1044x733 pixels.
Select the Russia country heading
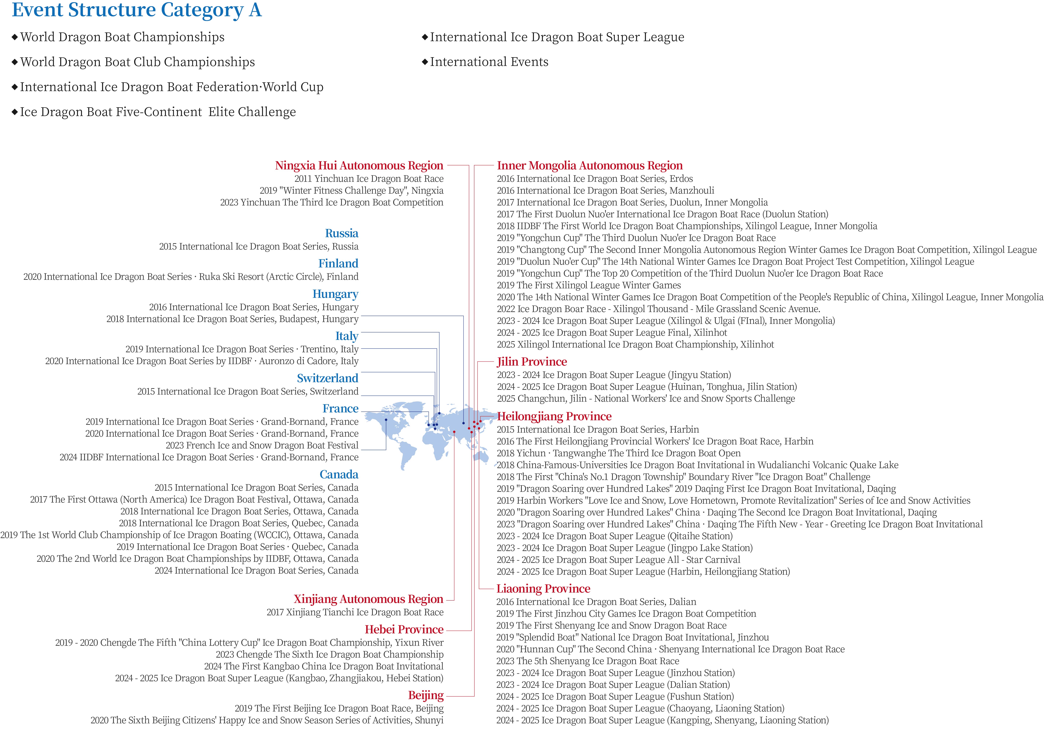click(341, 233)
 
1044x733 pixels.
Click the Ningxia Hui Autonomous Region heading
click(359, 166)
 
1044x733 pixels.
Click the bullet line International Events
click(489, 62)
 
